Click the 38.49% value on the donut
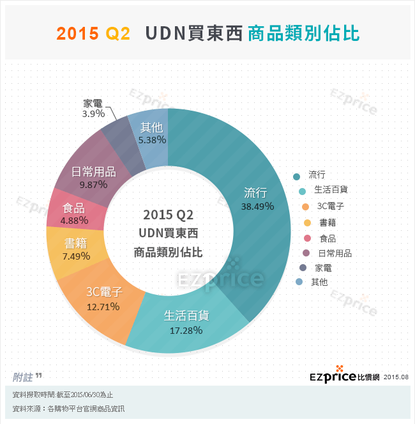[257, 207]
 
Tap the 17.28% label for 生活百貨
[186, 331]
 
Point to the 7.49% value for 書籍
[77, 256]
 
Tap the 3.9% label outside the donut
[93, 114]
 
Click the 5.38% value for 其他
[153, 139]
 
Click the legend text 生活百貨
[331, 190]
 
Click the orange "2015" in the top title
[77, 34]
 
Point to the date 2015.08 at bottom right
[396, 377]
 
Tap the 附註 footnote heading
[24, 377]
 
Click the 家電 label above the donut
[94, 104]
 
